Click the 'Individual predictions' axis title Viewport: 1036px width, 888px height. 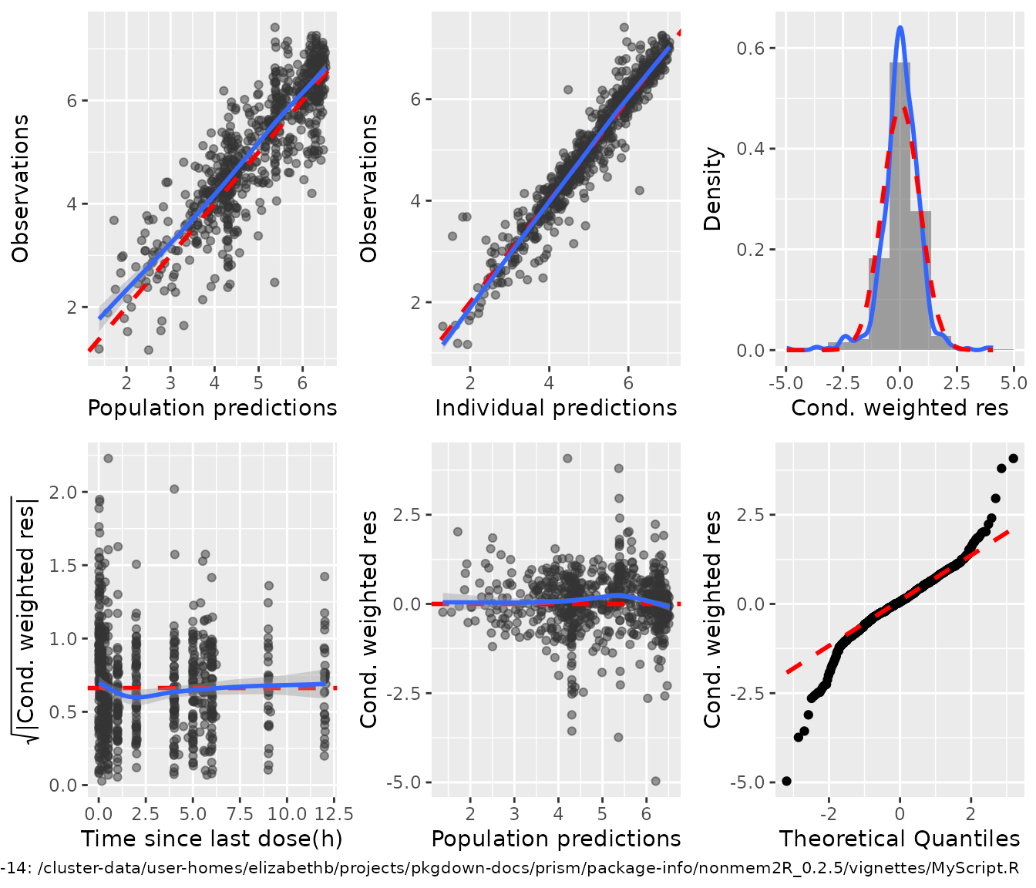tap(556, 408)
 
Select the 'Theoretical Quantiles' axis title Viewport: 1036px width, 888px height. tap(900, 839)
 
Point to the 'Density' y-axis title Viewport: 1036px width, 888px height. tap(713, 190)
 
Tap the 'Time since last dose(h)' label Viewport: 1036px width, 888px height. tap(212, 839)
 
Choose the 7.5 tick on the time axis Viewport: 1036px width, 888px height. tap(240, 814)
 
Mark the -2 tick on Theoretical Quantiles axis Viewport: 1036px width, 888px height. tap(828, 814)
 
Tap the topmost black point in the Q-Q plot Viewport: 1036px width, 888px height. tap(1013, 459)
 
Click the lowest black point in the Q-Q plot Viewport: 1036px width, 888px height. tap(786, 781)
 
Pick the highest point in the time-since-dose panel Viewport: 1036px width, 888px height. tap(108, 459)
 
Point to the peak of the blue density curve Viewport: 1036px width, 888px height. tap(900, 28)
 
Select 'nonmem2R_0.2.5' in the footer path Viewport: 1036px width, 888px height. tap(742, 869)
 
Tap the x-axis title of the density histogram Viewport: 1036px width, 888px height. tap(900, 408)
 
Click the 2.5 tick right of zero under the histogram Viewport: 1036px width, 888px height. tap(957, 383)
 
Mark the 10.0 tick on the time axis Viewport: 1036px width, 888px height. tap(288, 814)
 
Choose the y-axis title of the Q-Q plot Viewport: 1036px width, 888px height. tap(713, 619)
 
